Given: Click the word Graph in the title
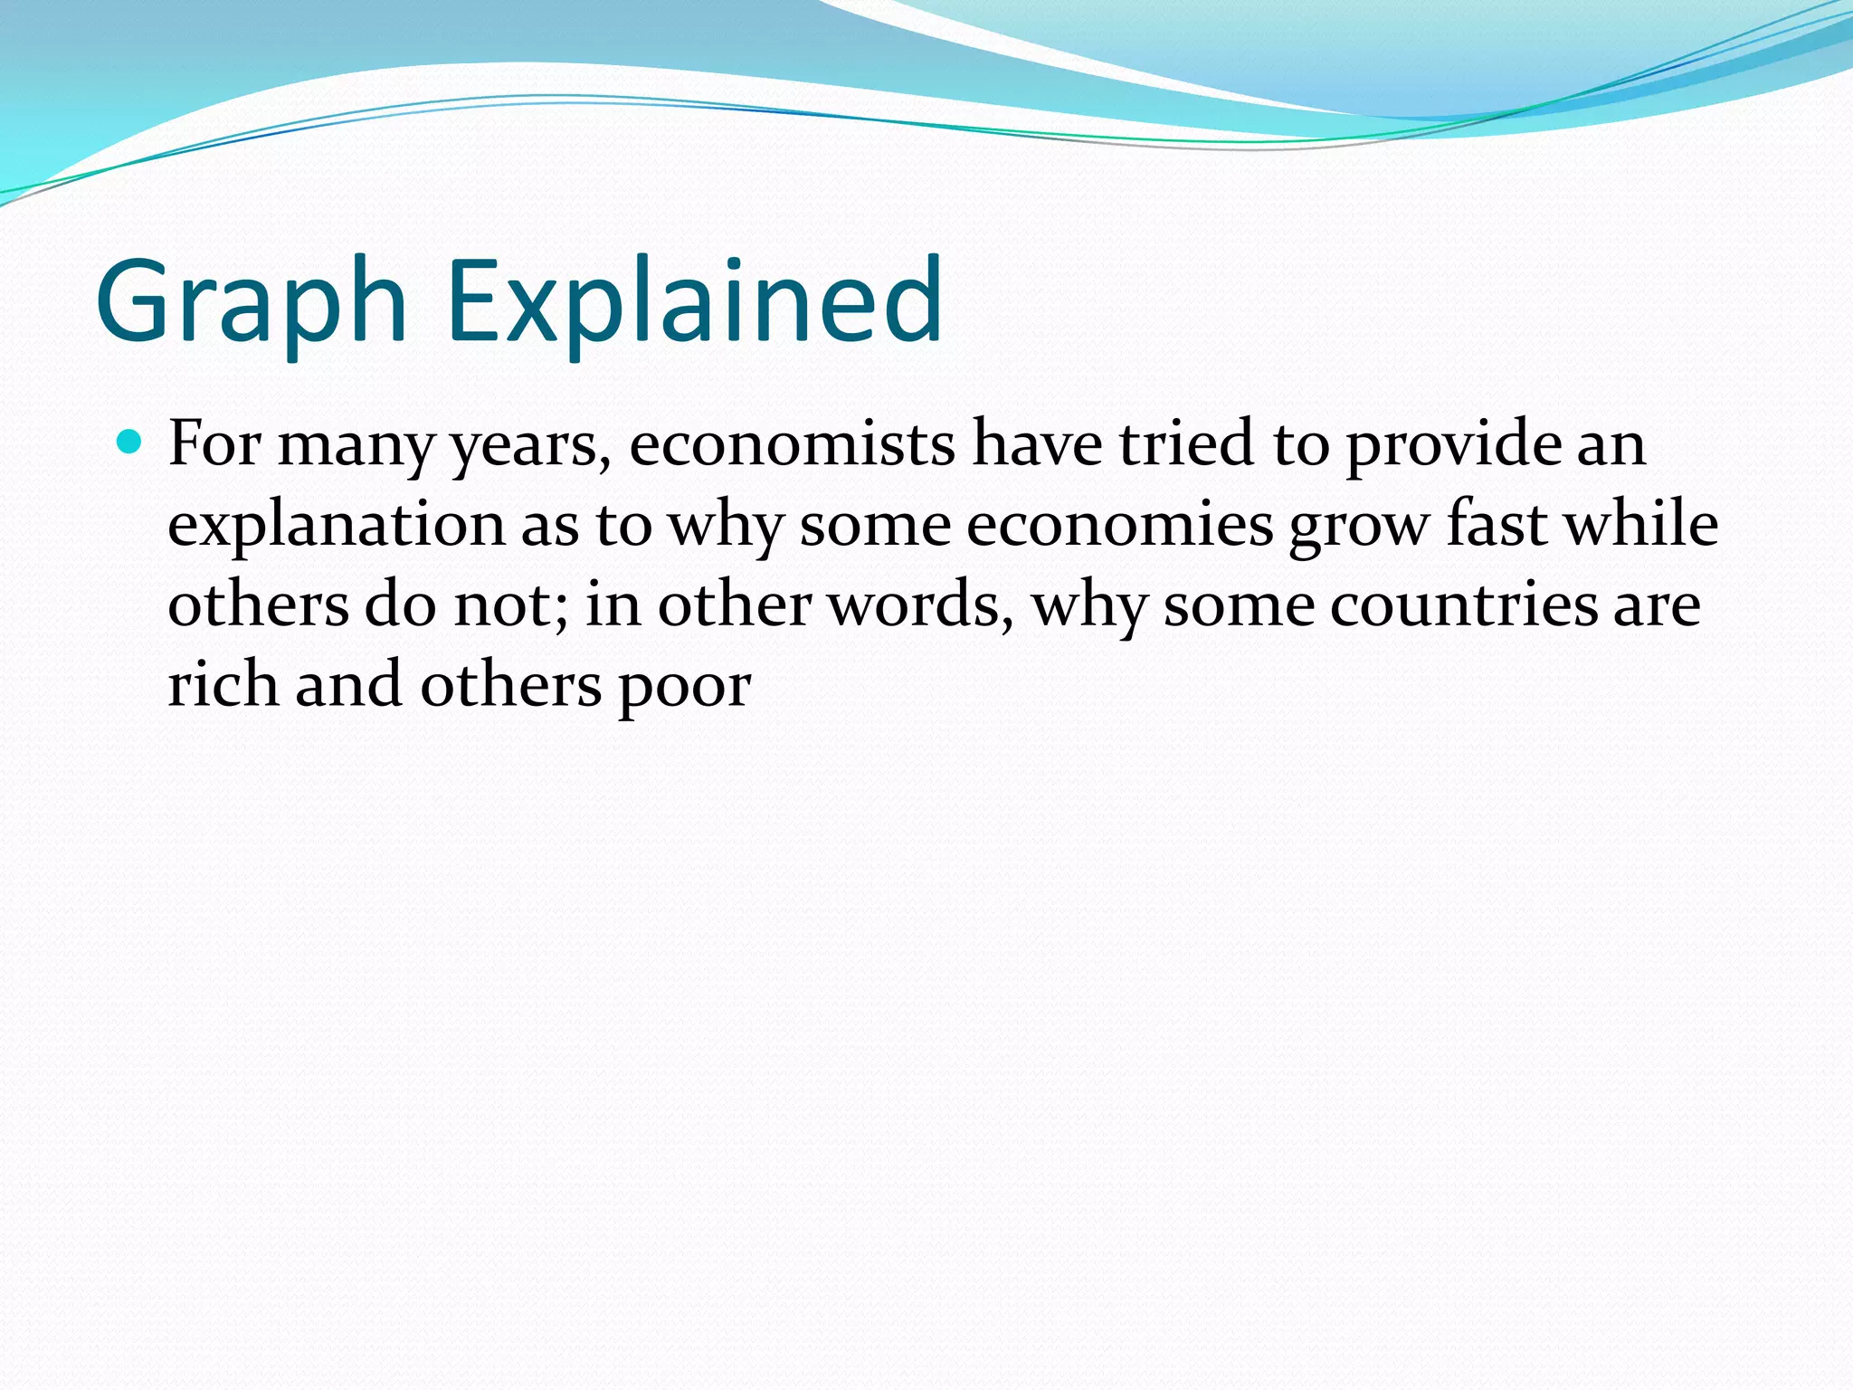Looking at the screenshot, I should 252,302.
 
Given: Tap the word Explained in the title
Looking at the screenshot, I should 695,302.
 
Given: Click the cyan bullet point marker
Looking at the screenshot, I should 130,443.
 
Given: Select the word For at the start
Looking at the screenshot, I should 214,444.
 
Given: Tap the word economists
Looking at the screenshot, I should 792,444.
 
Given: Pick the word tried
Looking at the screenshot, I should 1186,444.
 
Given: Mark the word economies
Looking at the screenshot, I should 1120,526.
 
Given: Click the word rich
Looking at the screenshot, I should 223,685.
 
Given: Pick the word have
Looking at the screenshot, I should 1037,444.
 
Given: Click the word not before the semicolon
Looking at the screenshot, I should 508,605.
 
